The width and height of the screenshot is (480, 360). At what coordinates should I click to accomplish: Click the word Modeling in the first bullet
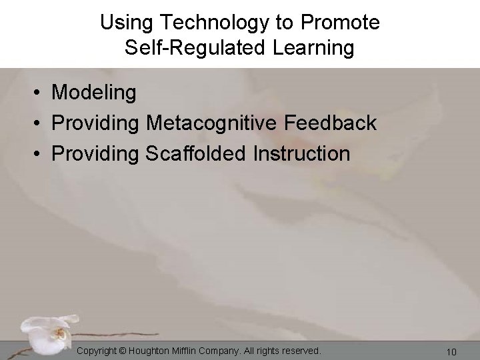94,93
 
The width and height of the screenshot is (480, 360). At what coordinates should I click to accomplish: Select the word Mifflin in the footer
196,350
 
